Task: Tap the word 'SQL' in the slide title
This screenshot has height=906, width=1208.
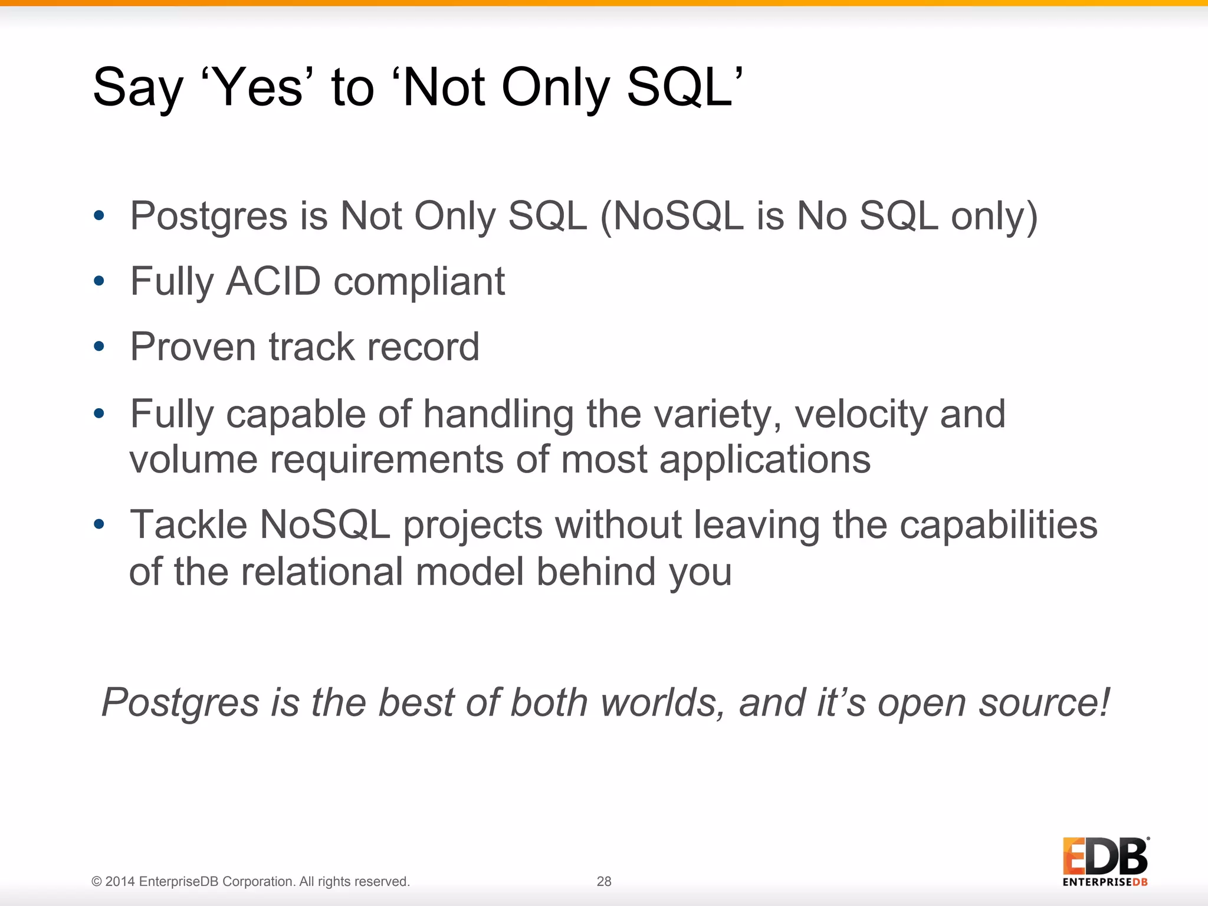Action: [x=678, y=87]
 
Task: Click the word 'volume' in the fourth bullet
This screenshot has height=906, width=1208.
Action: [x=193, y=460]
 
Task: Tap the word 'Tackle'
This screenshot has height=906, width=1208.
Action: [x=189, y=525]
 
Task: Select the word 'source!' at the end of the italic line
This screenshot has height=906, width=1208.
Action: [x=1044, y=703]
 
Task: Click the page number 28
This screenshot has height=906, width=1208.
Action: [x=604, y=881]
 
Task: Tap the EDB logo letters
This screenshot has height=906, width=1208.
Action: [x=1105, y=856]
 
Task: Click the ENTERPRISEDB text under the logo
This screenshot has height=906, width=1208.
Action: [x=1105, y=882]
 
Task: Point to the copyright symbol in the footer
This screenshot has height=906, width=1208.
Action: [x=97, y=882]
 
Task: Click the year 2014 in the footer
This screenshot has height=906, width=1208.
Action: [x=120, y=882]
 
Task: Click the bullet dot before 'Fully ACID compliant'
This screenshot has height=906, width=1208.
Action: [x=99, y=281]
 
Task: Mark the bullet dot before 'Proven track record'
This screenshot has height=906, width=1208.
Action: [x=99, y=346]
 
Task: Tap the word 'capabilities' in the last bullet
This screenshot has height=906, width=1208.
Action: [x=998, y=525]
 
